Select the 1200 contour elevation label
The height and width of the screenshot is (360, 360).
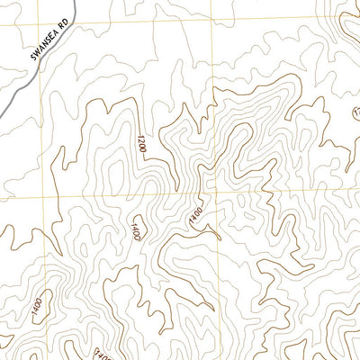click(141, 147)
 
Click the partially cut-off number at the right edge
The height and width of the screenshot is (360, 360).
click(355, 115)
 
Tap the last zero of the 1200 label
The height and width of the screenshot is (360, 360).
click(141, 137)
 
